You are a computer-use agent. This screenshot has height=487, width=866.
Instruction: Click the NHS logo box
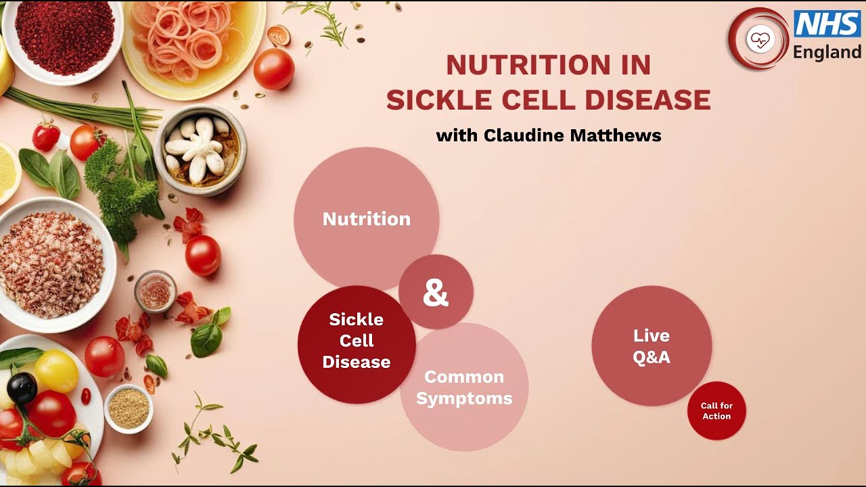click(x=827, y=24)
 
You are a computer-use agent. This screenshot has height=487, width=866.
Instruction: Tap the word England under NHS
click(x=827, y=53)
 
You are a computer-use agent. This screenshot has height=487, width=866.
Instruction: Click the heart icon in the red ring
click(x=760, y=39)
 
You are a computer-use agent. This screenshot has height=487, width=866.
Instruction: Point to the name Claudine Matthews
click(x=572, y=135)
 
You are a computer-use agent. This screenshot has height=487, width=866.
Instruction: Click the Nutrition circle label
click(x=366, y=219)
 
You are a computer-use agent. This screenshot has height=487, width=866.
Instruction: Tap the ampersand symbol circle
click(x=436, y=292)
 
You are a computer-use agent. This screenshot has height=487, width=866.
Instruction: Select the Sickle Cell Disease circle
click(x=356, y=342)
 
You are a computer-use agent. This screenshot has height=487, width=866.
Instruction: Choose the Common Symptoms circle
click(x=464, y=388)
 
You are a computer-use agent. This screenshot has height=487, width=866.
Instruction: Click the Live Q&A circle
click(x=652, y=346)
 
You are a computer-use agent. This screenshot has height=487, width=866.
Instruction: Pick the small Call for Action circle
click(x=716, y=411)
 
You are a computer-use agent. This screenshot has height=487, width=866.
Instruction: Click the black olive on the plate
click(x=22, y=388)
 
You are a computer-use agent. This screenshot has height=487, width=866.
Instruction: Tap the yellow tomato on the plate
click(x=57, y=371)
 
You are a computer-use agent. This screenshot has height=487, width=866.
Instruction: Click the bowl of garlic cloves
click(x=200, y=149)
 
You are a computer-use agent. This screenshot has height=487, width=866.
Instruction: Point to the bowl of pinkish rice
click(x=51, y=264)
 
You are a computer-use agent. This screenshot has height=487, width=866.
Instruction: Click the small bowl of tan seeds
click(x=129, y=408)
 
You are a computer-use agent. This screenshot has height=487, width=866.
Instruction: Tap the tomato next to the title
click(x=274, y=69)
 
